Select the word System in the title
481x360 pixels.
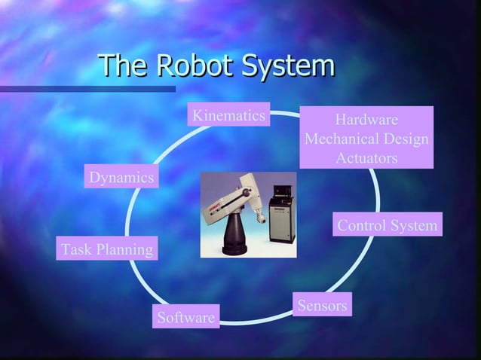pyautogui.click(x=286, y=66)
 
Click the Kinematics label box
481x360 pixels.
pyautogui.click(x=228, y=116)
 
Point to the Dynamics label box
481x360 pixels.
pyautogui.click(x=121, y=178)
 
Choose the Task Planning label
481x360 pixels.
pyautogui.click(x=107, y=249)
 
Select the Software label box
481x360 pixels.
pyautogui.click(x=185, y=318)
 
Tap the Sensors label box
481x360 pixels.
pyautogui.click(x=322, y=306)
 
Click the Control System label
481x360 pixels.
pyautogui.click(x=387, y=225)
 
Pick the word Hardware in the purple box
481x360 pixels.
pyautogui.click(x=366, y=121)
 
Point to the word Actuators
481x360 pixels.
pyautogui.click(x=366, y=159)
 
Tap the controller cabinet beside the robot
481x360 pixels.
pyautogui.click(x=280, y=218)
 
